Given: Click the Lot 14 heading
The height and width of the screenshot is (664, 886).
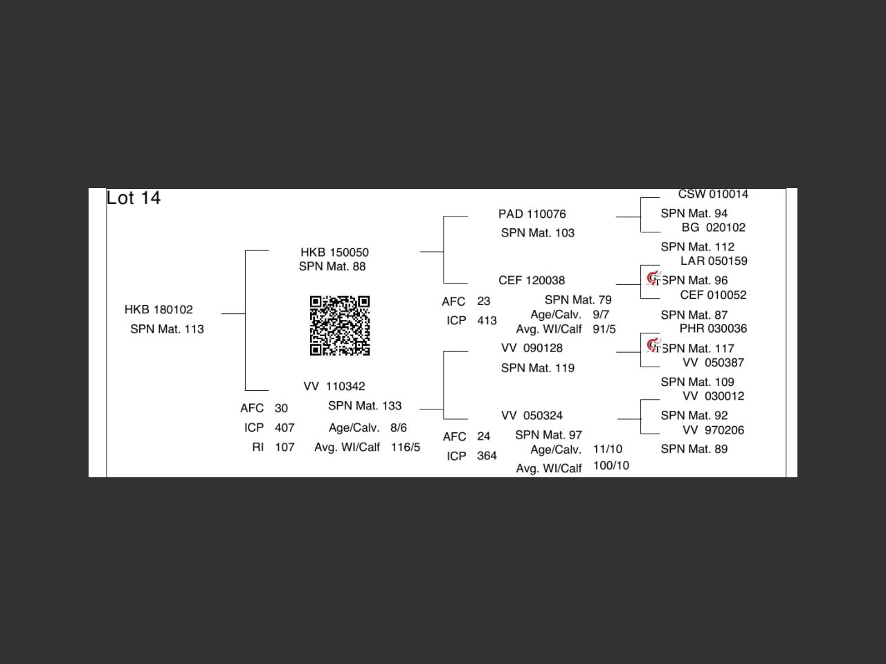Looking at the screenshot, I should coord(134,198).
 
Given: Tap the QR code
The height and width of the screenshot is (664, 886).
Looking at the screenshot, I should coord(339,325).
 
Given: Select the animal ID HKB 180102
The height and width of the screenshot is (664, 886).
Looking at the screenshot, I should coord(159,309).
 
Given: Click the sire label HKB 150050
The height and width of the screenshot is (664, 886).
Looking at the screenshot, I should coord(334,252).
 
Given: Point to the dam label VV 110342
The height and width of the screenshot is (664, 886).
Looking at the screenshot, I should coord(334,386).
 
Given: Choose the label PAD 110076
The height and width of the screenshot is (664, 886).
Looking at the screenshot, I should coord(532,214).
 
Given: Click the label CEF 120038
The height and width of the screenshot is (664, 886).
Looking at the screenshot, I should coord(532,280).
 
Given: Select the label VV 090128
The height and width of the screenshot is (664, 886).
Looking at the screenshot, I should coord(532,348).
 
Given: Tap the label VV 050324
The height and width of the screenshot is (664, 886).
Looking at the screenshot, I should coord(532,415).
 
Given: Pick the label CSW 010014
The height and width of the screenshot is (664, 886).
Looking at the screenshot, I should coord(713,194).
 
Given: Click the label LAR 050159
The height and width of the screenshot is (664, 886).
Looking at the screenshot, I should coord(714,261).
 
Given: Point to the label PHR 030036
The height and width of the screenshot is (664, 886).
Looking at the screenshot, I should coord(713,329).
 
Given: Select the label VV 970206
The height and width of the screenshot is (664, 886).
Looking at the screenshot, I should coord(713,430).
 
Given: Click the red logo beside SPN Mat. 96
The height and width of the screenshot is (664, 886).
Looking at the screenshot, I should coord(653,278).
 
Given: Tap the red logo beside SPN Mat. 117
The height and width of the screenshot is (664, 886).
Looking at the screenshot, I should coord(653,345).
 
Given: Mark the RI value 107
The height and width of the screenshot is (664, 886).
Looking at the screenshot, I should coord(284,447).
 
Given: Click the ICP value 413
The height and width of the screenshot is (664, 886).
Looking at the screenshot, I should coord(487,320).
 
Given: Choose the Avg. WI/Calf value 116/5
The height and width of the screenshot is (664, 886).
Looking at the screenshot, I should coord(405,447).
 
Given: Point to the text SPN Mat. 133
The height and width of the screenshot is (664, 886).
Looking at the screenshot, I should coord(365,405).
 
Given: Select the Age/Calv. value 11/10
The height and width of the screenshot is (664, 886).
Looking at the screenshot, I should coord(607,449).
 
